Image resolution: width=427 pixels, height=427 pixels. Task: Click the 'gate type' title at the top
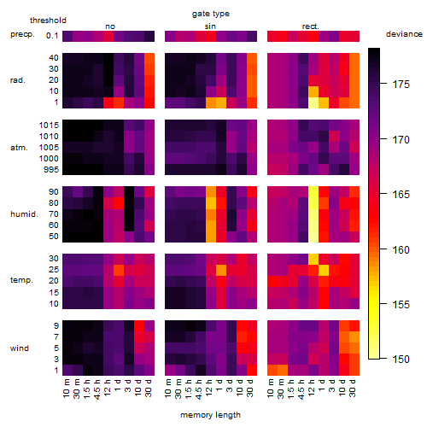click(x=211, y=14)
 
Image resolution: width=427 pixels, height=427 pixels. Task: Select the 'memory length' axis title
click(x=210, y=415)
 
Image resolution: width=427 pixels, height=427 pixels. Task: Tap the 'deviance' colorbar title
click(x=404, y=34)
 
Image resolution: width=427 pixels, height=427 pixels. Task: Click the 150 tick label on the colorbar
click(x=401, y=360)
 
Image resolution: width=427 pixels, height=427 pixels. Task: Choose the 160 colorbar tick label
click(x=401, y=249)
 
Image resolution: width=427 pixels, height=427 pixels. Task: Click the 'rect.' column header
click(x=311, y=26)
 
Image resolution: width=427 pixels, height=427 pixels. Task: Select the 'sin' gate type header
click(x=210, y=26)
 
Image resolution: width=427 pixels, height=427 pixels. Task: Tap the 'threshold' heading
click(x=48, y=20)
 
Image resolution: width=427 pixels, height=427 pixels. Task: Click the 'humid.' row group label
click(x=24, y=214)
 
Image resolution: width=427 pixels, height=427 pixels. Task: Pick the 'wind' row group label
click(x=20, y=348)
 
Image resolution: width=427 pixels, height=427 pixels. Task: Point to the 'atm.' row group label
click(x=19, y=148)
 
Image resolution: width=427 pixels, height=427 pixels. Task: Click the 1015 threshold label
click(x=49, y=126)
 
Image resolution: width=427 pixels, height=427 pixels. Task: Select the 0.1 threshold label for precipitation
click(x=52, y=36)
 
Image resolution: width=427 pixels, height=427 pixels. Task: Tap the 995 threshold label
click(x=51, y=170)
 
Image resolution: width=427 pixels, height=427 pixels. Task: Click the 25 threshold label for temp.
click(x=54, y=270)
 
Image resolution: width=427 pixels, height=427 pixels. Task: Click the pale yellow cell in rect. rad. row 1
click(x=313, y=102)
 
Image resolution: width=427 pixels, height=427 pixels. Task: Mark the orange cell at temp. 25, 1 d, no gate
click(x=119, y=270)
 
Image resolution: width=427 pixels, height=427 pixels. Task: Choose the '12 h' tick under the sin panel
click(x=209, y=388)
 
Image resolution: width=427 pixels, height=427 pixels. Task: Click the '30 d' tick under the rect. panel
click(x=353, y=388)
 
